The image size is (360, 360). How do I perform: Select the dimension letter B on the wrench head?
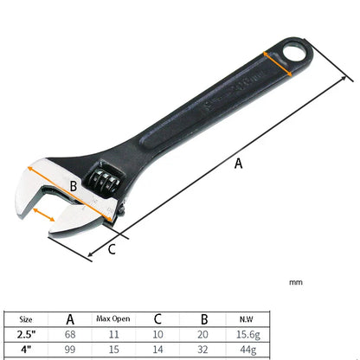coord(74,185)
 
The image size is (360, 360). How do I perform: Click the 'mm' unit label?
coord(296,282)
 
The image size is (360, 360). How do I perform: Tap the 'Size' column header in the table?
coord(28,318)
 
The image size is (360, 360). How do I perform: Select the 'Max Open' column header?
coord(112,318)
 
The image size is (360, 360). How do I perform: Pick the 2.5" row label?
coord(28,333)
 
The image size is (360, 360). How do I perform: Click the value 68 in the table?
coord(70,333)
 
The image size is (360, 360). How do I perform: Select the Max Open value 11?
coord(112,333)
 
